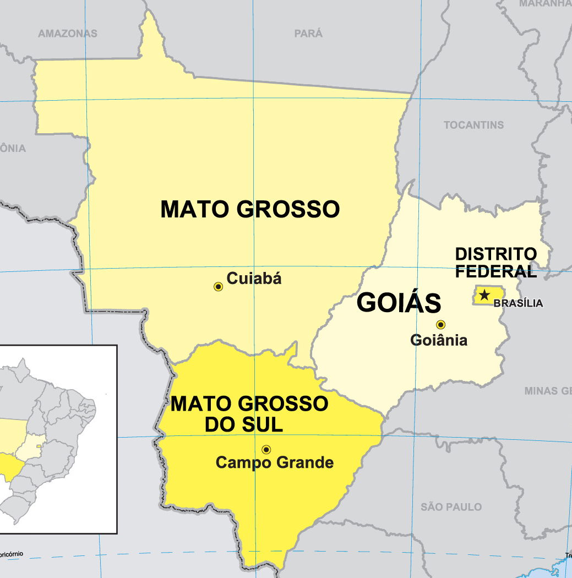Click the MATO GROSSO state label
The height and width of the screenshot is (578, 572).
250,209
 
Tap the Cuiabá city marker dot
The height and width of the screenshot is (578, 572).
219,287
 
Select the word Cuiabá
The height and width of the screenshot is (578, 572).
254,279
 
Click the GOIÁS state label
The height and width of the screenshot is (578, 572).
399,303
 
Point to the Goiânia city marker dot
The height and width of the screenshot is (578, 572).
440,325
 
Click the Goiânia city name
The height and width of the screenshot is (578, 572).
439,340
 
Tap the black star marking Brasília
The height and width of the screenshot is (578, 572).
484,295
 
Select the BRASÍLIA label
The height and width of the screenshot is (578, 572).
518,303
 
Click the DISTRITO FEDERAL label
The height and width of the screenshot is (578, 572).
495,263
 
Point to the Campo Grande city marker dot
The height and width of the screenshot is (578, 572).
266,449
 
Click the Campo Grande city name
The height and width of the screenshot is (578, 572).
275,462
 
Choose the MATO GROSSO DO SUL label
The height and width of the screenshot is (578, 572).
249,414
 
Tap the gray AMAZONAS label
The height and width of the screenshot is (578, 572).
68,34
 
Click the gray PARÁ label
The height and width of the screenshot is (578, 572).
308,34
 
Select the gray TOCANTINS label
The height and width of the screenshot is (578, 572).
473,125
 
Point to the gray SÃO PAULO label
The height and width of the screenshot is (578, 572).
451,506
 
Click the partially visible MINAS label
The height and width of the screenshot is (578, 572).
547,391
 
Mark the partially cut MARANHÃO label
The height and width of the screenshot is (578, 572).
545,4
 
